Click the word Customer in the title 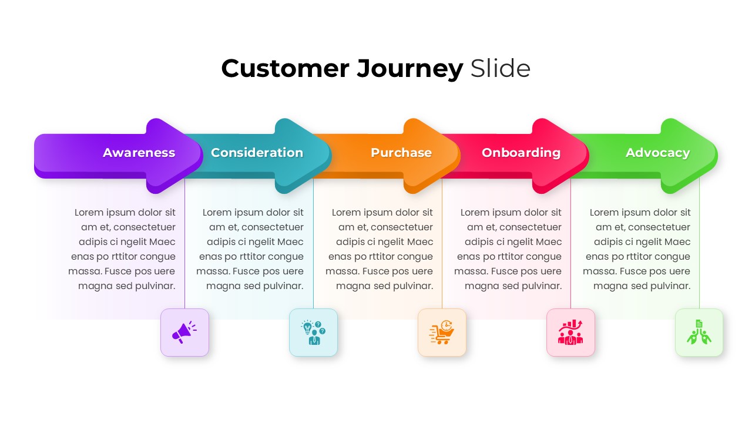285,69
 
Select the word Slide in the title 501,69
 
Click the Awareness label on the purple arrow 139,153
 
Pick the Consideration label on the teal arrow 257,153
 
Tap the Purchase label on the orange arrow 401,153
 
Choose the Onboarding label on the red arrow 521,153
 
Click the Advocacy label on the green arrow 657,153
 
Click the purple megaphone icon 184,333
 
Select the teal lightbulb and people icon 313,333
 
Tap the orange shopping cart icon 442,333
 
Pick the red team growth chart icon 570,333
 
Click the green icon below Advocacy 699,333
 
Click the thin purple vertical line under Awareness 185,247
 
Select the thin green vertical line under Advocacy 699,247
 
